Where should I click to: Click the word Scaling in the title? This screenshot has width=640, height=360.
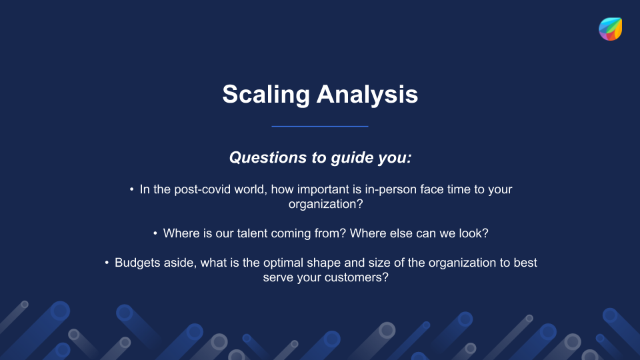coord(266,95)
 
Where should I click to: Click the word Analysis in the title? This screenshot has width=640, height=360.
coord(367,95)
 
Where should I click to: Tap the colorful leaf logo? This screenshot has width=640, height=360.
coord(610,29)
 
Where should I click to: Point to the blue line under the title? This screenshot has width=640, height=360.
coord(320,126)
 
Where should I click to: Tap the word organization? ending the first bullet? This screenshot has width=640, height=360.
coord(326,204)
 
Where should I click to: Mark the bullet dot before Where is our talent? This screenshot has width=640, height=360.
coord(155,233)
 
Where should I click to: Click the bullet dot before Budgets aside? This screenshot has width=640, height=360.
coord(107,263)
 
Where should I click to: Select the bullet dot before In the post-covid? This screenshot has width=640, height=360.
coord(131,189)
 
